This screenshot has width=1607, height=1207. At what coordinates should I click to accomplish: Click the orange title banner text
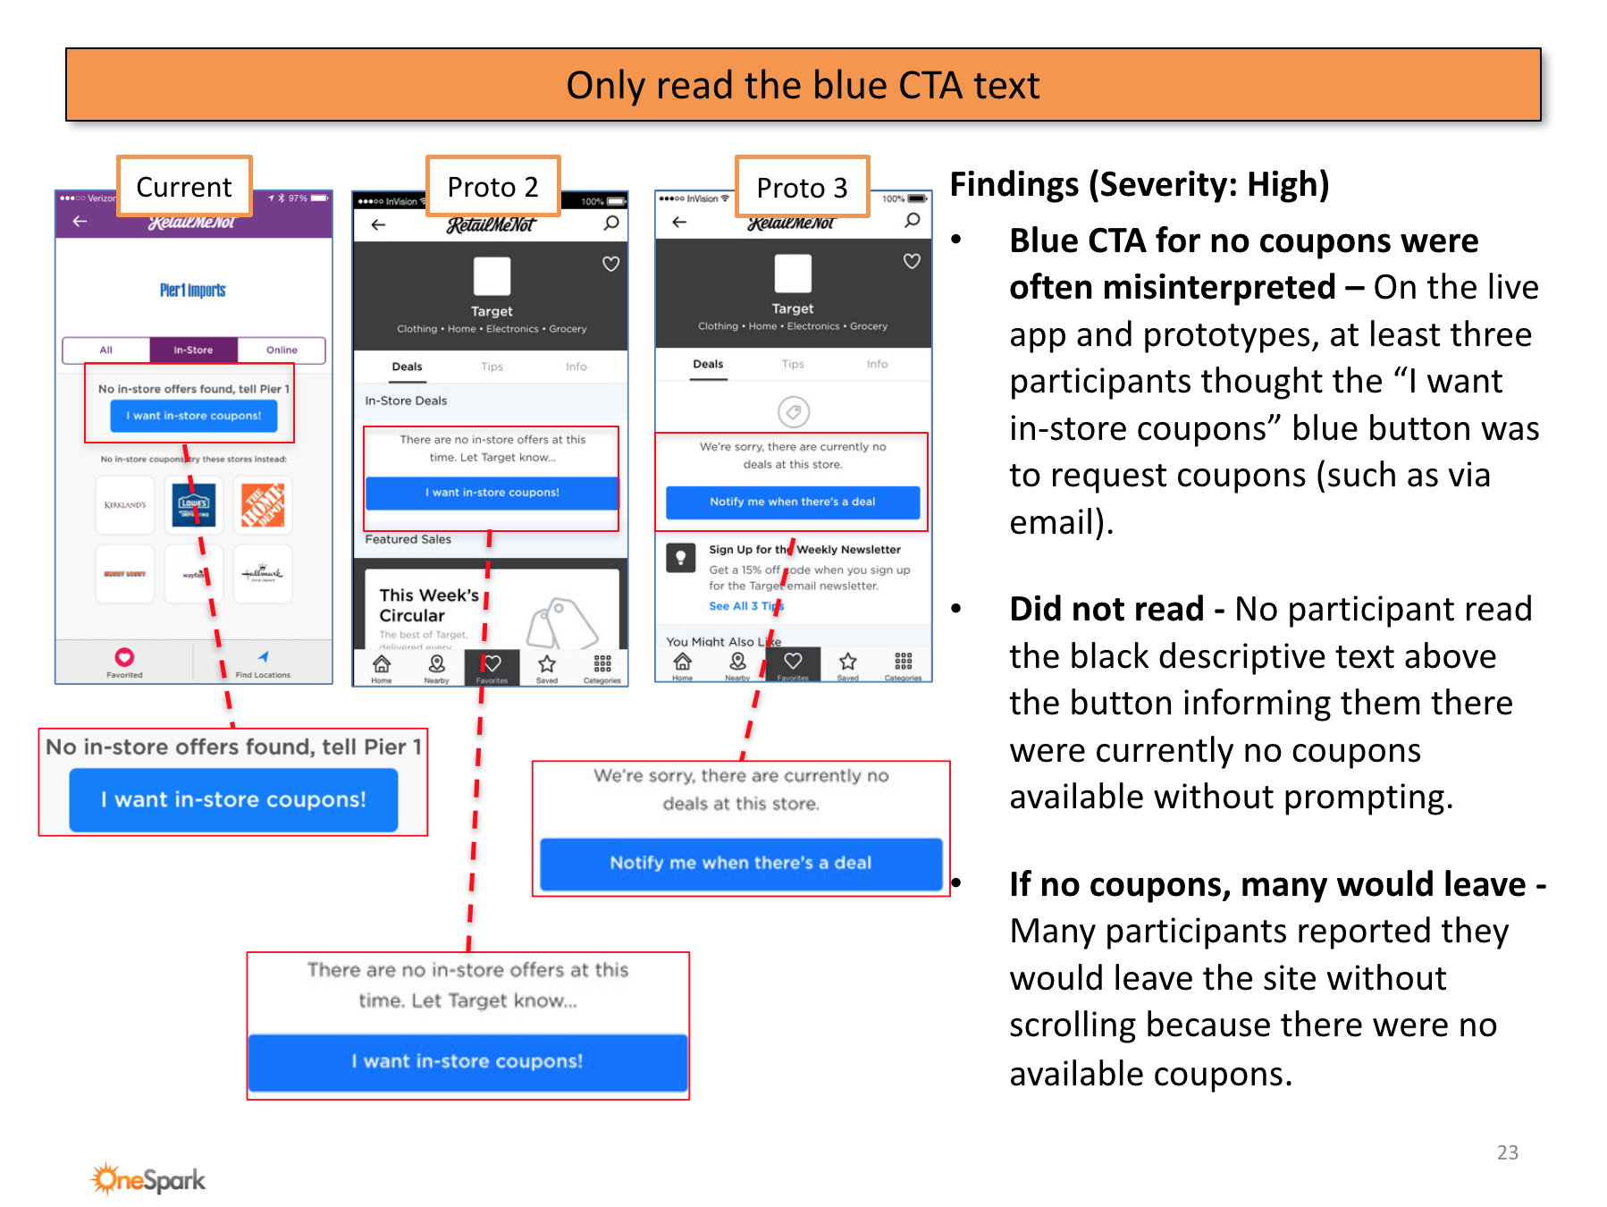803,86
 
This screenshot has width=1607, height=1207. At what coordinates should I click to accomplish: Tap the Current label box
184,187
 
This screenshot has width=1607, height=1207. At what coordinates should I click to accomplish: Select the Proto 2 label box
492,187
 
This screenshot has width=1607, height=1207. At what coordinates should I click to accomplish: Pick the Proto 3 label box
802,188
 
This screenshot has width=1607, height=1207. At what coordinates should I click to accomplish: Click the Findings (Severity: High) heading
1139,185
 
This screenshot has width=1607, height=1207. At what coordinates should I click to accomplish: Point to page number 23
1507,1152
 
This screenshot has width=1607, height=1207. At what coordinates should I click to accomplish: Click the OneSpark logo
148,1179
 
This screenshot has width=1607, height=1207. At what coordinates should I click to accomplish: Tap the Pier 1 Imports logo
193,291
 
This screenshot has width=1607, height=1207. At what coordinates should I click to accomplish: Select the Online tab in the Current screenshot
282,350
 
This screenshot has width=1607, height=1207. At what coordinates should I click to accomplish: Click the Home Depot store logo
263,505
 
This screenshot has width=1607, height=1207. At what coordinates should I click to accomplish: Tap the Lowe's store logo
194,505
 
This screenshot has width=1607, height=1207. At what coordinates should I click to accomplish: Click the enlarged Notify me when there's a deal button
740,863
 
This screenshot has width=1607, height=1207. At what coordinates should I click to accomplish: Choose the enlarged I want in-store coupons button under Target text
467,1061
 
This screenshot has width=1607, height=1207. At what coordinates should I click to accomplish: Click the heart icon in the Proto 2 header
610,264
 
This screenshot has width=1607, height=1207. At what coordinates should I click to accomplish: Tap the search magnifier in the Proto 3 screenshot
912,220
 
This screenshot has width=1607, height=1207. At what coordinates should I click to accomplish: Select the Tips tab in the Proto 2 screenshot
492,367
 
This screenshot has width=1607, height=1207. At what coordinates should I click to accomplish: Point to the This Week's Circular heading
429,605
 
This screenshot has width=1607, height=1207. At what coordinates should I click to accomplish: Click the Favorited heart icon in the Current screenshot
124,657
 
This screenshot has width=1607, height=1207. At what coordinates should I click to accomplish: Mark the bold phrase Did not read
1106,609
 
